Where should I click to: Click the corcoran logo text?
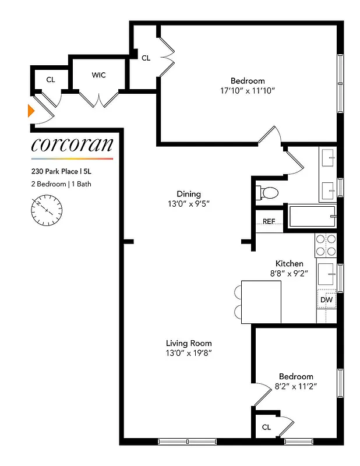click(x=72, y=144)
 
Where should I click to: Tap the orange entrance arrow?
click(x=32, y=110)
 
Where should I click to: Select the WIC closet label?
click(x=98, y=75)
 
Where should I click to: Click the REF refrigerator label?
click(x=269, y=221)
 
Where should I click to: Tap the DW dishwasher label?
click(x=327, y=300)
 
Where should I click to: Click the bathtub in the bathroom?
click(x=311, y=216)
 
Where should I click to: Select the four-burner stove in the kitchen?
click(x=326, y=245)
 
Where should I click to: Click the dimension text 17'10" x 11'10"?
click(x=247, y=91)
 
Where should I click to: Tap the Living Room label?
click(x=189, y=343)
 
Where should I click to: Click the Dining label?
click(x=189, y=194)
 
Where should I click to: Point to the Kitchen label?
click(x=289, y=264)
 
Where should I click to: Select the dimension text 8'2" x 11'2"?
click(x=296, y=386)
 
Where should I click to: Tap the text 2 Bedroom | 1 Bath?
click(x=61, y=184)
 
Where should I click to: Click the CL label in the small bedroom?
click(x=266, y=427)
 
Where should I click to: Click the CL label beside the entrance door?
click(x=51, y=79)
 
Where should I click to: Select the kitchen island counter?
click(x=261, y=301)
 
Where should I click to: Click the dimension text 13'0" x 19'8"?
click(x=189, y=353)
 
